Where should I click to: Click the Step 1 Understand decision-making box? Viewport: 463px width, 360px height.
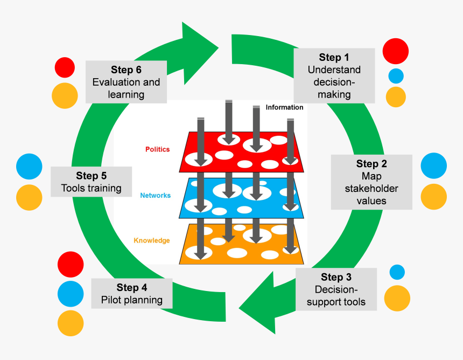click(x=334, y=75)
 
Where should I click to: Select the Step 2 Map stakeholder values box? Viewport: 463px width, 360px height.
click(x=371, y=182)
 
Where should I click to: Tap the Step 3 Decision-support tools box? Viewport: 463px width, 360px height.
click(x=336, y=289)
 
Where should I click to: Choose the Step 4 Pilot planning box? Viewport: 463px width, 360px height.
click(x=132, y=294)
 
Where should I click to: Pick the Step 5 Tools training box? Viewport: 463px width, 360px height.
click(x=91, y=182)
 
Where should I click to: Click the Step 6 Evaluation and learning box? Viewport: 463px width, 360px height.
click(x=126, y=81)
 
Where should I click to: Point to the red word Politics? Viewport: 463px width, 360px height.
click(x=157, y=149)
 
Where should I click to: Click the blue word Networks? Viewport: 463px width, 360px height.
click(x=155, y=196)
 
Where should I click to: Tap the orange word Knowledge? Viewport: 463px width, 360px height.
click(x=151, y=240)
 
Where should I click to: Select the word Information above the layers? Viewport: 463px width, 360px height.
click(x=284, y=107)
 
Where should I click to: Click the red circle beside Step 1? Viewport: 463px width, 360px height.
click(x=396, y=52)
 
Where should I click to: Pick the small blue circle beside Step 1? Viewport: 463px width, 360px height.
click(x=396, y=75)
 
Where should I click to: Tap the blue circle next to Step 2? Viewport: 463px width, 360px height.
click(x=433, y=165)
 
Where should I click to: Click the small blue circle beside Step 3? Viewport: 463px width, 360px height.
click(x=397, y=272)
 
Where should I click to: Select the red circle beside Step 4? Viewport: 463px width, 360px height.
click(x=71, y=265)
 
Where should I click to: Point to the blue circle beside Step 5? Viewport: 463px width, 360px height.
click(x=29, y=167)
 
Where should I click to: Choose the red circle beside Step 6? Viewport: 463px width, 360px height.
click(x=65, y=67)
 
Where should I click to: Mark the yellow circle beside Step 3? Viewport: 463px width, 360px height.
click(x=397, y=299)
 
